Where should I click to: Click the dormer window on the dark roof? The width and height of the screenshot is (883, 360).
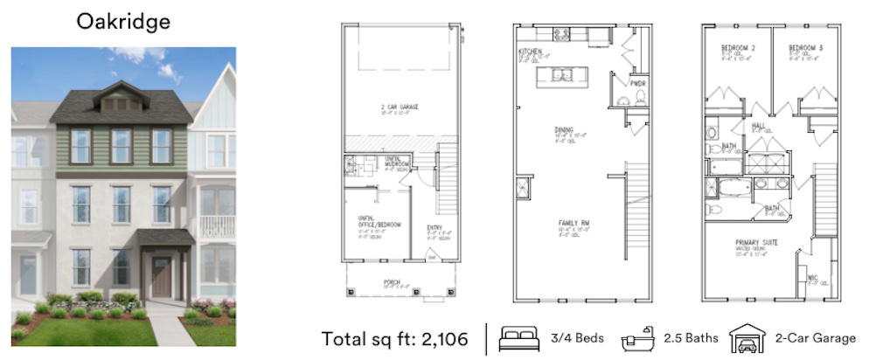[122, 102]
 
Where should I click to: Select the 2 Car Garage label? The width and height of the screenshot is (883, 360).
[399, 107]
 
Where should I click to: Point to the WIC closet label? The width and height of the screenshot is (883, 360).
[812, 278]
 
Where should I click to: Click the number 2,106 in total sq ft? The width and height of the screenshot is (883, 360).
[438, 338]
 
